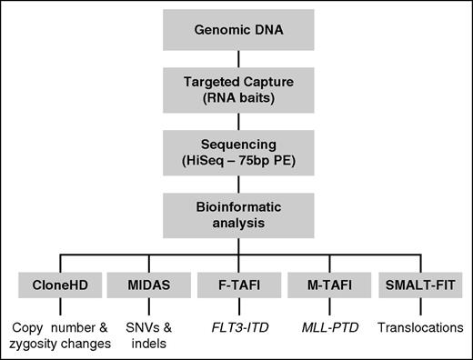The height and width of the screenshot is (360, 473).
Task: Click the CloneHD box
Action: (x=53, y=284)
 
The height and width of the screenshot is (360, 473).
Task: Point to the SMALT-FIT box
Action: (x=420, y=284)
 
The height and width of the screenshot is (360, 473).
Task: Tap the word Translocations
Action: (x=420, y=326)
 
